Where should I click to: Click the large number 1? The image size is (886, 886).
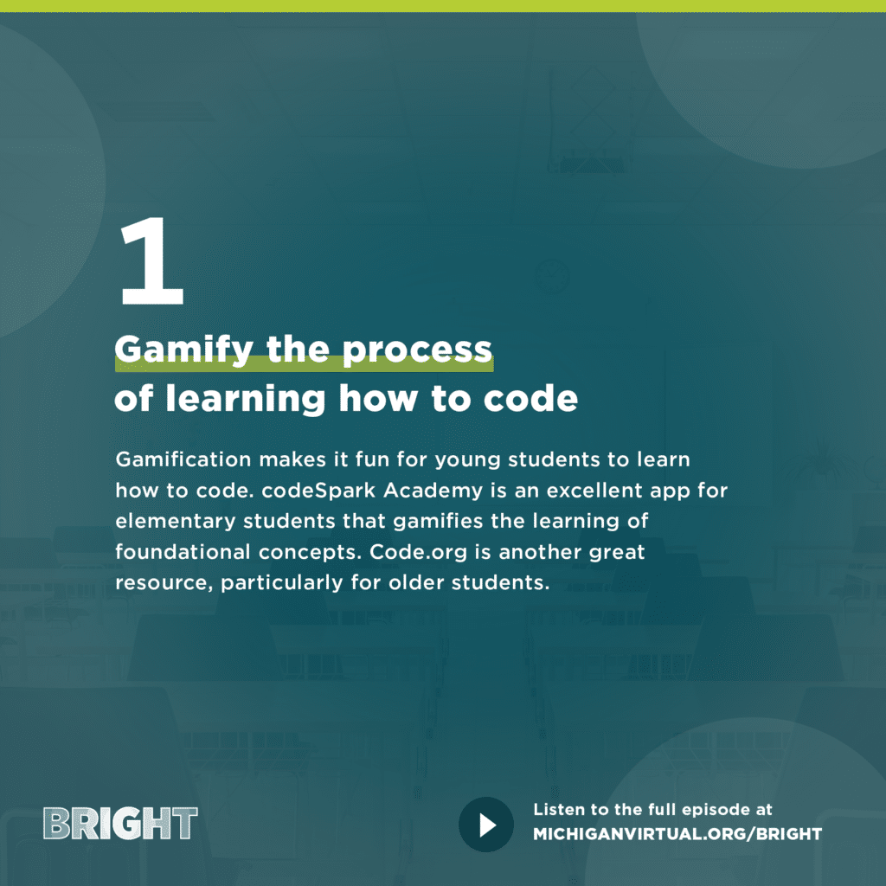pyautogui.click(x=152, y=261)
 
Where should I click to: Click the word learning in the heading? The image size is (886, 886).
pyautogui.click(x=245, y=400)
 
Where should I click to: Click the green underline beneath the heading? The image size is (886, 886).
pyautogui.click(x=304, y=364)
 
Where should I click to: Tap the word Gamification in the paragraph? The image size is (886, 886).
pyautogui.click(x=183, y=459)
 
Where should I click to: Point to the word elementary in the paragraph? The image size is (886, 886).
pyautogui.click(x=175, y=522)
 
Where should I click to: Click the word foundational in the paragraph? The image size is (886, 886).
pyautogui.click(x=183, y=551)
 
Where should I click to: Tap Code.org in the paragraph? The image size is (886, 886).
pyautogui.click(x=419, y=553)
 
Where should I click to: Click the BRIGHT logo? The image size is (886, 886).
pyautogui.click(x=120, y=824)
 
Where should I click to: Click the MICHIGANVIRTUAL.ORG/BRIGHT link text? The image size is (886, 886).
pyautogui.click(x=677, y=834)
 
